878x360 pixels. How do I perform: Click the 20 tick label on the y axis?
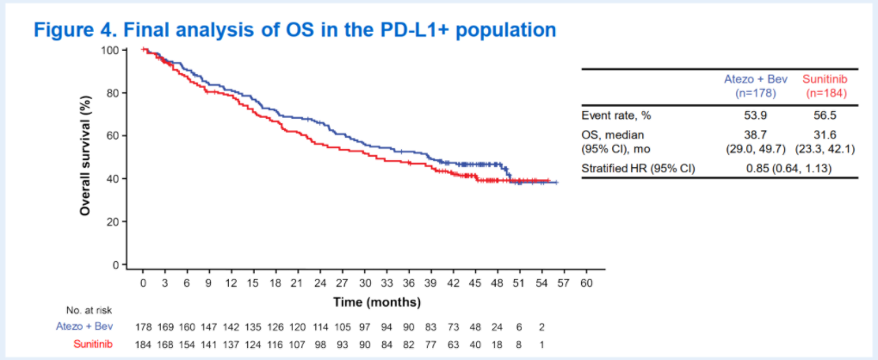[111, 222]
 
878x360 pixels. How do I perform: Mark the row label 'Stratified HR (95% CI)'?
[638, 168]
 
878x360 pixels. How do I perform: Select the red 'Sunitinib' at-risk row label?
[92, 344]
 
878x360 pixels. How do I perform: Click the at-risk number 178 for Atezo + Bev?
[144, 326]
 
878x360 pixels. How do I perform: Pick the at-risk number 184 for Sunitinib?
[144, 344]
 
